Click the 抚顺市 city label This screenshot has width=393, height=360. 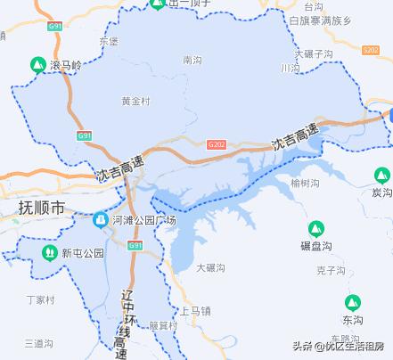point(42,208)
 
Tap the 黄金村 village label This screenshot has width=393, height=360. point(135,102)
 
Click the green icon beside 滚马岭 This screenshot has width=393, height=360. point(37,64)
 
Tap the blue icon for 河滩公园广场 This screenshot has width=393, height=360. point(102,219)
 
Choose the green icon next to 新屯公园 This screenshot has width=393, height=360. point(50,253)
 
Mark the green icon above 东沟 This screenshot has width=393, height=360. point(353,302)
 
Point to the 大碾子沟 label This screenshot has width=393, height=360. point(314,54)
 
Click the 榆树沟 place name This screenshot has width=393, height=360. point(305,183)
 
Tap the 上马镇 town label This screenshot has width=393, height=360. point(195,311)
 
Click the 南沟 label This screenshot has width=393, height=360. point(192,61)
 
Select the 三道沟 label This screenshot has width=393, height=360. point(41,342)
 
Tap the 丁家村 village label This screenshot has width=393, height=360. point(41,299)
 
